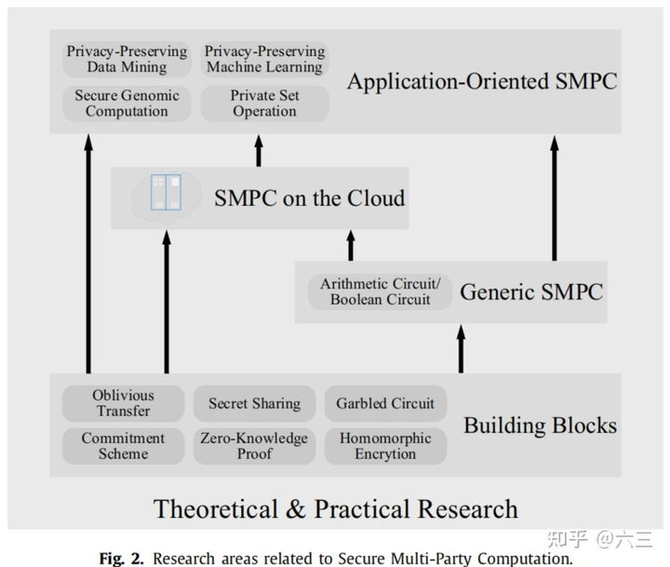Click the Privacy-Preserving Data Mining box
[x=127, y=59]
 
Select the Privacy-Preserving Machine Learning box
[x=264, y=59]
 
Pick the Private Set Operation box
[x=264, y=103]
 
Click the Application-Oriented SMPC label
[x=481, y=81]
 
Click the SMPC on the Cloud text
[x=309, y=198]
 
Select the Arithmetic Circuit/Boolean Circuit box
[x=381, y=291]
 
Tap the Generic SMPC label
[x=531, y=291]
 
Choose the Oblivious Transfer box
[x=123, y=403]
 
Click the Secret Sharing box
[x=254, y=403]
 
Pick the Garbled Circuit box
[x=385, y=403]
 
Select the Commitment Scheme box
[x=123, y=446]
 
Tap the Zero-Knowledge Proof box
[x=254, y=446]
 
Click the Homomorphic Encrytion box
[x=385, y=446]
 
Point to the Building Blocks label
[x=540, y=425]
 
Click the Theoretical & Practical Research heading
[x=335, y=509]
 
